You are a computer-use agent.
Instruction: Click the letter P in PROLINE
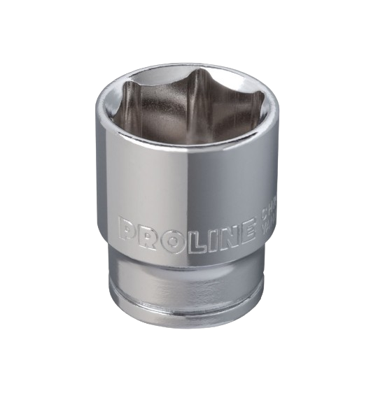tap(127, 229)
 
